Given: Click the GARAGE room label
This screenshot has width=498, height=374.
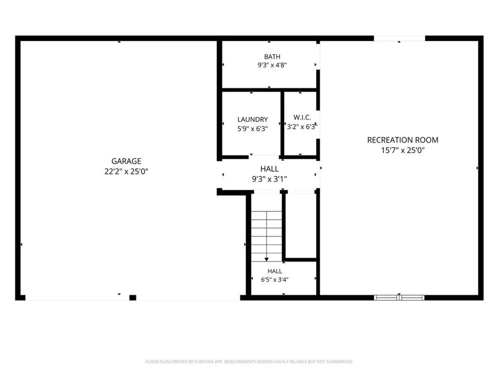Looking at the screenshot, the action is (126, 161).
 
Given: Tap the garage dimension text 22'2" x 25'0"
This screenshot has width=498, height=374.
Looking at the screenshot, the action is (126, 171).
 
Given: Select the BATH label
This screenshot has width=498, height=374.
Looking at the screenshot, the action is (272, 57).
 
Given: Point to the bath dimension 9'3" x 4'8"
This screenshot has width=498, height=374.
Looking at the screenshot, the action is (272, 65).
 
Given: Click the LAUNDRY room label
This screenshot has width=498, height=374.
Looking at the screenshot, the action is (252, 119).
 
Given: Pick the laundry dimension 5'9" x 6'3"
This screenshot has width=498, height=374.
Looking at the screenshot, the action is (252, 129).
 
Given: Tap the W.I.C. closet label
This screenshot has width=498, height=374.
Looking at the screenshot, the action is (302, 117).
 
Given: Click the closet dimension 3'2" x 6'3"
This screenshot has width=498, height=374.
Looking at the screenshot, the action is (302, 127).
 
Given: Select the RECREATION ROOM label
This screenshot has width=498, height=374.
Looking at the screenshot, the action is (403, 140).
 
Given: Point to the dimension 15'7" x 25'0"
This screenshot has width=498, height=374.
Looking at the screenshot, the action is (403, 150).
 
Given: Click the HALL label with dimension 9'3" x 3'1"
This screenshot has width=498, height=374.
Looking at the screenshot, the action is (269, 169).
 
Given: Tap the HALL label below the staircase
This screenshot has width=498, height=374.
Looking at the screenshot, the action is (275, 271).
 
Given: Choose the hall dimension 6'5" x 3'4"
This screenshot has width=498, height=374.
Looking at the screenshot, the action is (275, 279).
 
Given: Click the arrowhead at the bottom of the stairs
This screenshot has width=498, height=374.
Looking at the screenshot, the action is (266, 259).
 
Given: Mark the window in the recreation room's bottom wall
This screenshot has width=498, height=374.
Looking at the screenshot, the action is (399, 298).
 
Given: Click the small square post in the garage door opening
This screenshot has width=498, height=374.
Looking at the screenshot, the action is (133, 297).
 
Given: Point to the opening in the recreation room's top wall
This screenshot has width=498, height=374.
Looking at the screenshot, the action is (399, 38).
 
